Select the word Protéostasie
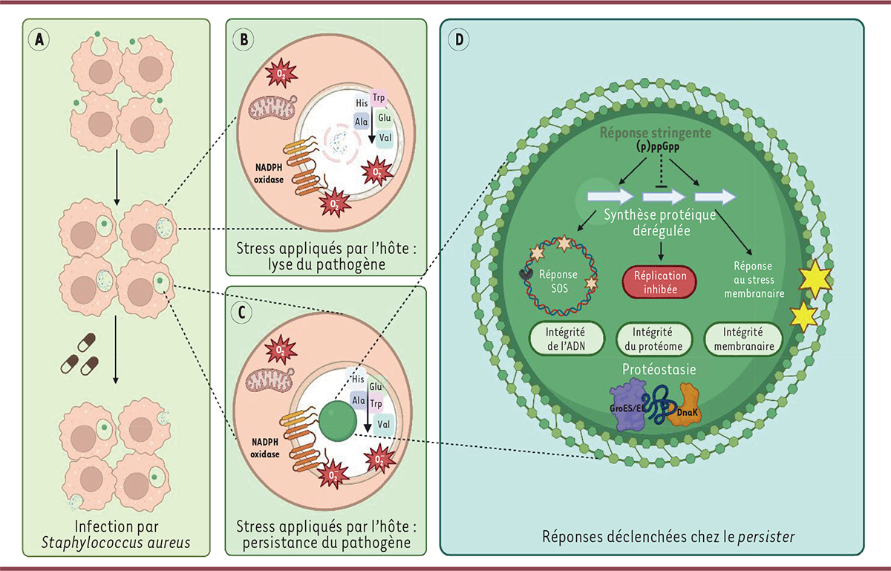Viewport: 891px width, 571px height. pos(654,369)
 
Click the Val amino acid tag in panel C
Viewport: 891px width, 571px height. pos(383,423)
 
